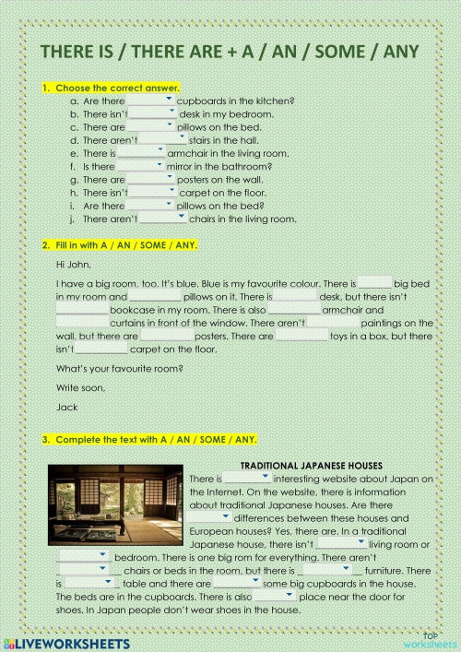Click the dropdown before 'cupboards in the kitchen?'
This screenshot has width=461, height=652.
(x=150, y=101)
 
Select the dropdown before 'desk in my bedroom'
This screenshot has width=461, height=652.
(x=153, y=113)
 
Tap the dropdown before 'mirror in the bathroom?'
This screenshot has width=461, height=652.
(x=141, y=166)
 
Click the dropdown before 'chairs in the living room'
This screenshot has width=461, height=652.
(x=163, y=219)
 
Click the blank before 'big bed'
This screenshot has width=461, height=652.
(x=374, y=284)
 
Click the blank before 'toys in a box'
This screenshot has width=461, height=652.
(x=301, y=337)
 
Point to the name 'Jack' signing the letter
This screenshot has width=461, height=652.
(x=65, y=406)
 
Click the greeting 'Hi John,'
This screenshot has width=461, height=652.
(x=73, y=264)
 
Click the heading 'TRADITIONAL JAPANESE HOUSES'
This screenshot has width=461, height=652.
(x=311, y=466)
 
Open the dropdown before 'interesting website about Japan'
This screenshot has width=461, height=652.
(x=247, y=480)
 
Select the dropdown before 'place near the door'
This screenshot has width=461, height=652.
(x=275, y=597)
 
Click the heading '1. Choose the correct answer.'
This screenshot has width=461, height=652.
(x=111, y=88)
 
